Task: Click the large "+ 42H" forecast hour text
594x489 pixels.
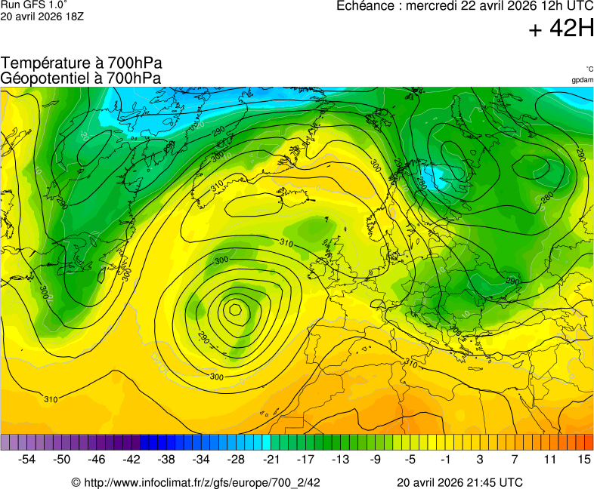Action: (x=562, y=29)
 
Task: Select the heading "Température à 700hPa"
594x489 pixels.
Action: (x=82, y=63)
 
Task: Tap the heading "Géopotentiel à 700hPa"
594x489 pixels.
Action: (x=81, y=78)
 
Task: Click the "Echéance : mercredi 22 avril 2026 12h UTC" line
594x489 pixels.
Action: (x=464, y=6)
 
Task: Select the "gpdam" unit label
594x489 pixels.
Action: (x=582, y=80)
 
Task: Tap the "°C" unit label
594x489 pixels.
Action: (x=589, y=69)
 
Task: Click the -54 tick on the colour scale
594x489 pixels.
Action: (x=27, y=459)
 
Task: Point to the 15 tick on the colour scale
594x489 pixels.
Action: (x=583, y=459)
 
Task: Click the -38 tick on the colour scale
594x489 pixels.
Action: (x=167, y=459)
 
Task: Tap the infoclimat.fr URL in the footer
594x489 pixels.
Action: (x=196, y=482)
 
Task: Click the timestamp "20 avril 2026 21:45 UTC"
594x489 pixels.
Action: (x=459, y=482)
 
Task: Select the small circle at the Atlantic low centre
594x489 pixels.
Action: (x=235, y=309)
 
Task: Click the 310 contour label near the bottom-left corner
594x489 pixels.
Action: (x=50, y=399)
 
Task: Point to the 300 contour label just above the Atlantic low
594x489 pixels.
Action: (x=221, y=260)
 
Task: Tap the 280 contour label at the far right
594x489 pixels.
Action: (x=548, y=198)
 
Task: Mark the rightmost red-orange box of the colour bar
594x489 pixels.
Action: (x=589, y=443)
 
